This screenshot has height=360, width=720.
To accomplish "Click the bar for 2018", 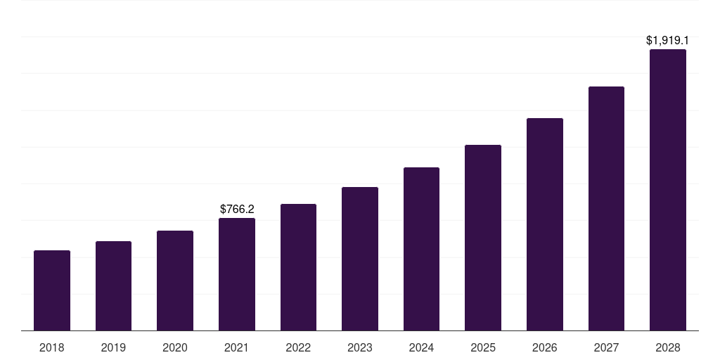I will click(52, 290).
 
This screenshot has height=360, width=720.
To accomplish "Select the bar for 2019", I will click(113, 285).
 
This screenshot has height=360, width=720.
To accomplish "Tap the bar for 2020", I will click(175, 281).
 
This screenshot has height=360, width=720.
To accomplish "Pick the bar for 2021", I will click(237, 274).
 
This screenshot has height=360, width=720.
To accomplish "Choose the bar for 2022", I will click(298, 267).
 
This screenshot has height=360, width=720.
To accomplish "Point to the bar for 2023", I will click(360, 259).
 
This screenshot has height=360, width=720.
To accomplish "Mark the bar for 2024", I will click(421, 249).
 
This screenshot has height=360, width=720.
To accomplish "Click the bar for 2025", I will click(483, 238).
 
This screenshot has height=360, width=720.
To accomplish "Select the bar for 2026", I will click(545, 224).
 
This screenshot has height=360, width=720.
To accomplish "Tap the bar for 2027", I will click(606, 208).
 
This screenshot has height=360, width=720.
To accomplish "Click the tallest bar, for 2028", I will click(668, 190).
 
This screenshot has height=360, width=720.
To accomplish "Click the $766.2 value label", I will click(237, 209).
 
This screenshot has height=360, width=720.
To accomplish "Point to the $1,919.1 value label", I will click(667, 41).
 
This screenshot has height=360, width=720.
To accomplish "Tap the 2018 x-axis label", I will click(52, 347).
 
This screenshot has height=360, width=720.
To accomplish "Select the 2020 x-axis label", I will click(175, 347).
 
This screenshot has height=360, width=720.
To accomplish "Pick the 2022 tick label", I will click(298, 347).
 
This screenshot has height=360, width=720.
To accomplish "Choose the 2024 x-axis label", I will click(421, 347).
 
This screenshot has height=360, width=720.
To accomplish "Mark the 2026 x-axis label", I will click(545, 347).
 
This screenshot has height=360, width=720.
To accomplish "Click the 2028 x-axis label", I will click(668, 347).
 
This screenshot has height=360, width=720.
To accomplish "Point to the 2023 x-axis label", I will click(360, 347).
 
